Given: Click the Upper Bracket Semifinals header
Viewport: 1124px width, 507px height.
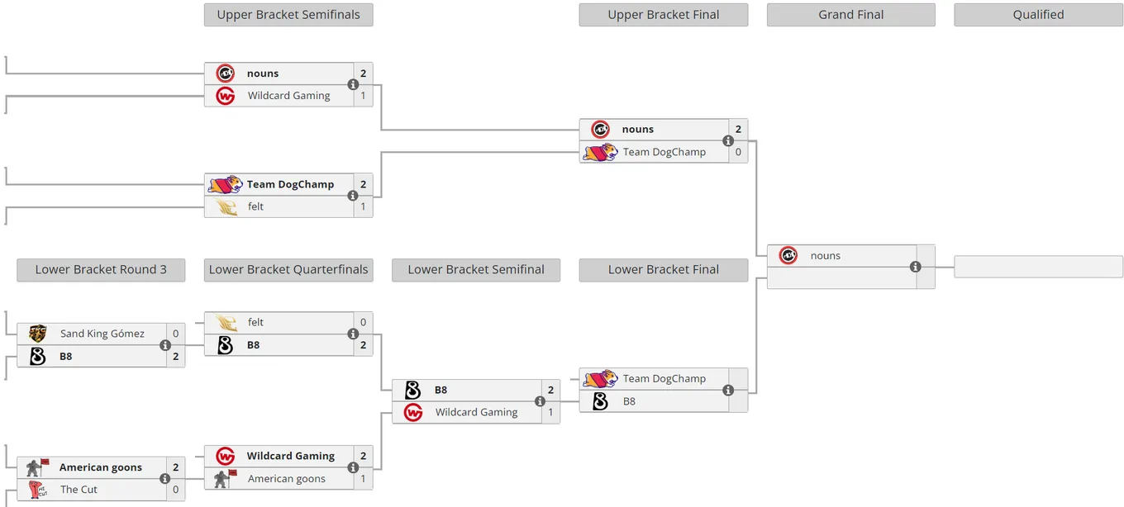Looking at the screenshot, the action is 288,15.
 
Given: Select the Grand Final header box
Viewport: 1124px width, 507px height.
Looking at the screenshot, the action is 851,15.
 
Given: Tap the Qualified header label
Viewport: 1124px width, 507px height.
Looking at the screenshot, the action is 1038,15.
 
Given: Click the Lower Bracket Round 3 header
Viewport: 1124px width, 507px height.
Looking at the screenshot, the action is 101,270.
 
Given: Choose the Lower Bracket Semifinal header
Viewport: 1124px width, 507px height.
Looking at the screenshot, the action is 476,270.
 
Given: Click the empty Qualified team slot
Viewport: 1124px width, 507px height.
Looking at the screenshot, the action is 1038,266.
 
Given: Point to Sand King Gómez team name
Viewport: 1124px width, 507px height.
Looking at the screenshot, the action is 102,334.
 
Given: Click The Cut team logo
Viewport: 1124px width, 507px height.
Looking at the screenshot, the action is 38,490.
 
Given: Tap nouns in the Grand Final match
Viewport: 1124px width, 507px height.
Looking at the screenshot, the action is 826,256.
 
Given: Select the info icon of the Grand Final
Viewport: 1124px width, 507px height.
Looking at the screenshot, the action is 915,267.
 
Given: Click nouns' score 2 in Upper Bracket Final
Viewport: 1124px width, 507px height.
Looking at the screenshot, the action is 738,130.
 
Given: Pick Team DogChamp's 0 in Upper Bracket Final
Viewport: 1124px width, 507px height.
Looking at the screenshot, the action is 738,152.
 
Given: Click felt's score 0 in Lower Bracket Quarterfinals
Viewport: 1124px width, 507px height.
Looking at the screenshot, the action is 364,322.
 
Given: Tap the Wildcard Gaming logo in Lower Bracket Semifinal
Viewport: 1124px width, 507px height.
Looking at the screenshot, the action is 413,412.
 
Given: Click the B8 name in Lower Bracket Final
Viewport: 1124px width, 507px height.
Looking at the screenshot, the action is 629,401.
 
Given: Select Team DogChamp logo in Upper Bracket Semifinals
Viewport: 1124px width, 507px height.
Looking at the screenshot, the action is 226,184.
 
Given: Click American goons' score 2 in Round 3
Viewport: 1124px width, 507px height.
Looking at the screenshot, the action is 175,467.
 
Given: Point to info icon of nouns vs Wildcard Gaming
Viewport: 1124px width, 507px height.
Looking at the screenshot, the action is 353,84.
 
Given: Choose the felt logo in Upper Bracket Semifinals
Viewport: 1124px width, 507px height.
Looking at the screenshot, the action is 226,206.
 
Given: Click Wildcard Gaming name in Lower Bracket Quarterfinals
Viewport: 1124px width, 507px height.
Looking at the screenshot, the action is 291,456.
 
